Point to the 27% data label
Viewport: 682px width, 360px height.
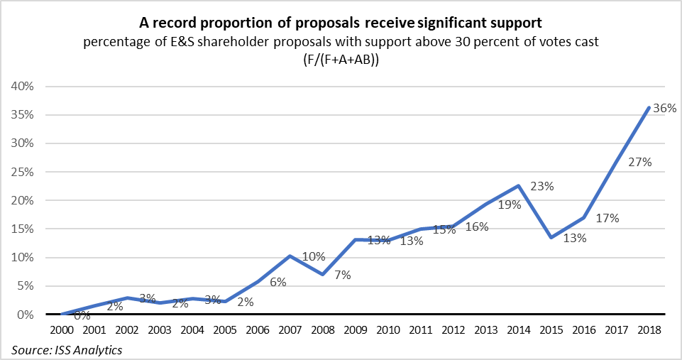[x=641, y=162]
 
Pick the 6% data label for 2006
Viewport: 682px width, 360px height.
[x=277, y=282]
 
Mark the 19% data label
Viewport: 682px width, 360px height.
[x=510, y=205]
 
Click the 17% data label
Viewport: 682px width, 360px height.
[x=607, y=219]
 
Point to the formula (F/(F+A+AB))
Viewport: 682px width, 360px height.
[x=341, y=60]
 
